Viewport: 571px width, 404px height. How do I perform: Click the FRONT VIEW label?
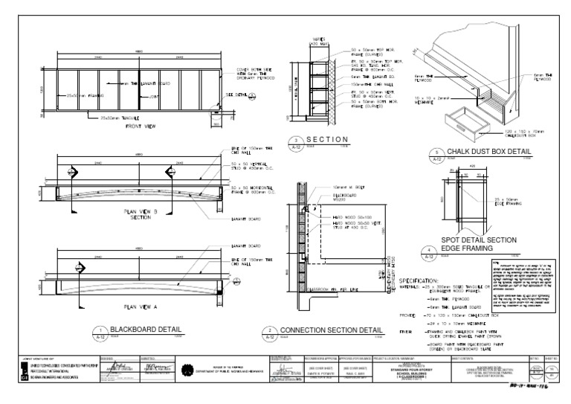coord(141,127)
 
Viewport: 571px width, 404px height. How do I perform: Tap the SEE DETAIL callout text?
coord(242,96)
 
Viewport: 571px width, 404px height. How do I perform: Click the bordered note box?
coord(526,288)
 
